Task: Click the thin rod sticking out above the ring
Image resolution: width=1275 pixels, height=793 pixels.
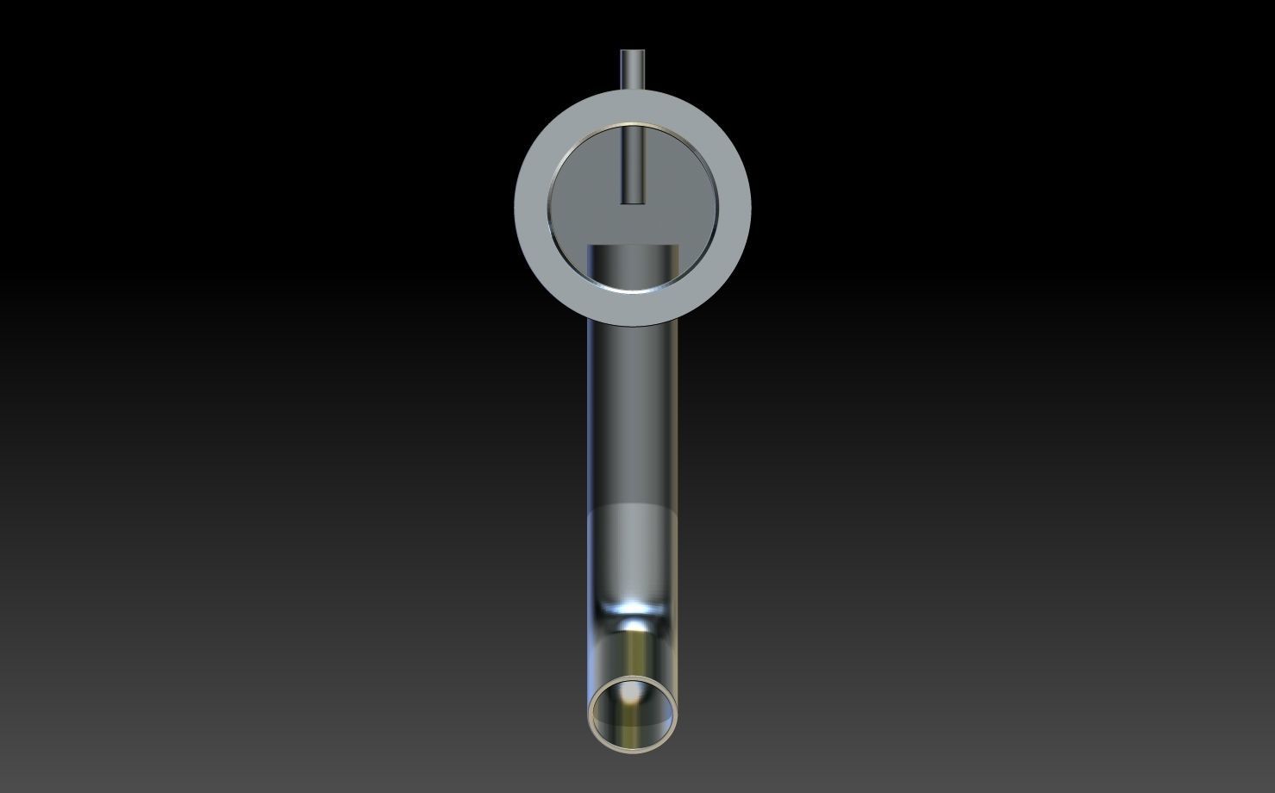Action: point(633,71)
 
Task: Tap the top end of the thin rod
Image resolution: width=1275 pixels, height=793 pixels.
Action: point(633,52)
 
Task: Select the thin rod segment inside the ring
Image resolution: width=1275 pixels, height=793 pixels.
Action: point(633,164)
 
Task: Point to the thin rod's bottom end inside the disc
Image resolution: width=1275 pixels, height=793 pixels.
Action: point(633,202)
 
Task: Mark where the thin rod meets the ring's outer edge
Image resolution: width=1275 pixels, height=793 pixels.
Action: point(633,91)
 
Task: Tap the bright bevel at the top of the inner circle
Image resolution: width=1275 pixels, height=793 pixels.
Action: point(633,125)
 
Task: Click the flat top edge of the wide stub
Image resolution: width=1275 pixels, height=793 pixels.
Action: point(633,247)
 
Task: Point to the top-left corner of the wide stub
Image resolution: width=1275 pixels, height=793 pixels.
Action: point(590,247)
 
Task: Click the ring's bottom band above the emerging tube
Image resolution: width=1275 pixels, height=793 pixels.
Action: point(633,309)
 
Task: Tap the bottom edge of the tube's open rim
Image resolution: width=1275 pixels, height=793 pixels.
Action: point(634,749)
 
